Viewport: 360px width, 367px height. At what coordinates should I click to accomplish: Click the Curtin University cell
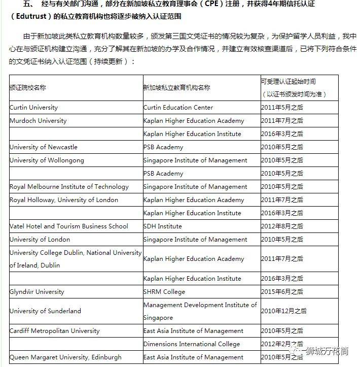tap(34, 108)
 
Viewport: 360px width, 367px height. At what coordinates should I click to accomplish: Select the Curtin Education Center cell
tap(178, 108)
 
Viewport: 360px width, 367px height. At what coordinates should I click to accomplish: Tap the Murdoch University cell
tap(38, 121)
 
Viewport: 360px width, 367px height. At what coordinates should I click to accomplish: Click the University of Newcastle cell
tap(44, 147)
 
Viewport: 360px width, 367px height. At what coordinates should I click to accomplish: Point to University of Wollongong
tap(47, 160)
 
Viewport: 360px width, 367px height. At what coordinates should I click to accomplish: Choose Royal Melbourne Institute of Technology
tap(69, 187)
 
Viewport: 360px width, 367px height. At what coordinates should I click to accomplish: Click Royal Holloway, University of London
tap(64, 200)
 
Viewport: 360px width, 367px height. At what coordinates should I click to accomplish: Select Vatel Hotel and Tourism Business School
tap(69, 226)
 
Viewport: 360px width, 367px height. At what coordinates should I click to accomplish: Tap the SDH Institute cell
tap(162, 226)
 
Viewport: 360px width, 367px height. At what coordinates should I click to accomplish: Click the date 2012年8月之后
tap(282, 226)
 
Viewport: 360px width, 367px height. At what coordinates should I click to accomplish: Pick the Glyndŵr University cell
tap(37, 292)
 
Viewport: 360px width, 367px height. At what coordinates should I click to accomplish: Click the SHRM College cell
tap(164, 292)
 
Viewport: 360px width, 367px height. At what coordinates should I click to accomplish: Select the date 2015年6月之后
tap(282, 292)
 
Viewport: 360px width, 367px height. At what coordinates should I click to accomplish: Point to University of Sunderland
tap(45, 311)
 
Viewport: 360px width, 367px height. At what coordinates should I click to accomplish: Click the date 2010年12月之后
tap(284, 311)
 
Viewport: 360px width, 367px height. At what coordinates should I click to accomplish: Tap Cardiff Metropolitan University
tap(54, 331)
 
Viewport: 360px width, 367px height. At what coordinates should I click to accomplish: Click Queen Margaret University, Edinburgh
tap(65, 357)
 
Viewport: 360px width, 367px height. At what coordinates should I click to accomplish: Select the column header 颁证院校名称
tap(28, 87)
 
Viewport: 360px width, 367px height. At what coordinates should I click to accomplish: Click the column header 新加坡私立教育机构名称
tap(176, 87)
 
